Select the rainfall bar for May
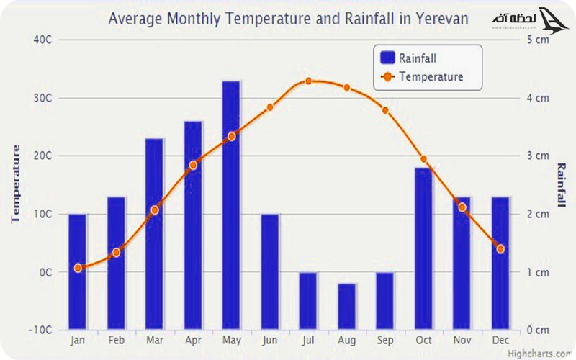pos(231,205)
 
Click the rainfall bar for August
pos(346,307)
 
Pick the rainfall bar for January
pos(77,271)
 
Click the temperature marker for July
pos(308,81)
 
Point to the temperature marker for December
pos(500,249)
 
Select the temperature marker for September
pos(385,110)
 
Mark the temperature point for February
pos(116,252)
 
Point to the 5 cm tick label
pos(537,40)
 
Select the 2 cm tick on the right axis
pos(537,214)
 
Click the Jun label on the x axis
pos(269,340)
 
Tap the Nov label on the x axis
pos(462,340)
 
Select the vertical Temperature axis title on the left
pos(16,184)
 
